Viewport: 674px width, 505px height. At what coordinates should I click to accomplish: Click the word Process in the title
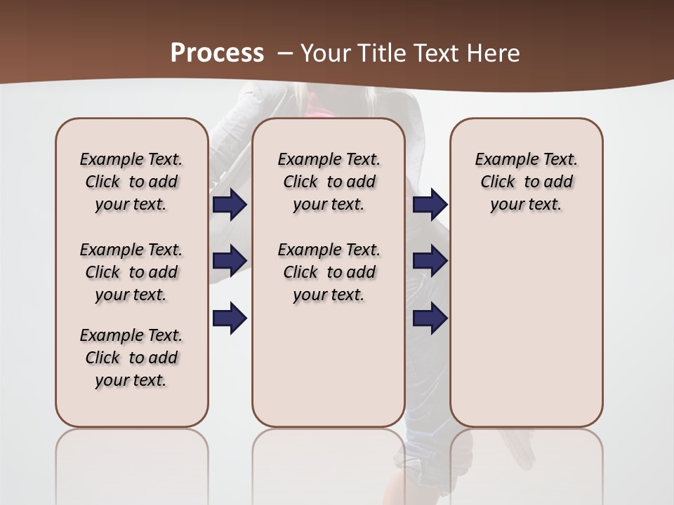tap(217, 53)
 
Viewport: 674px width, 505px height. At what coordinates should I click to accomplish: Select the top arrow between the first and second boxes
tap(230, 205)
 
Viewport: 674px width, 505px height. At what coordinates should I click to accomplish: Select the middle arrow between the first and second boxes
tap(230, 261)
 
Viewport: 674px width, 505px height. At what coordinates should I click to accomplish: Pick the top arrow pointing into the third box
tap(430, 205)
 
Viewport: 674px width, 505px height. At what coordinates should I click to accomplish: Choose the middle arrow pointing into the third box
tap(430, 261)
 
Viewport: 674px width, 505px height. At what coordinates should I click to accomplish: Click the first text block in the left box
tap(131, 182)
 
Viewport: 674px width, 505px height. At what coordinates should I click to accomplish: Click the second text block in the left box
tap(131, 272)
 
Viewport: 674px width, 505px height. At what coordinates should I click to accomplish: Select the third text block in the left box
tap(131, 358)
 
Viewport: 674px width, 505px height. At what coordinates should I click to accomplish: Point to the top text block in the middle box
tap(329, 182)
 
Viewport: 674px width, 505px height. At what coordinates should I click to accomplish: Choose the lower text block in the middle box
tap(329, 272)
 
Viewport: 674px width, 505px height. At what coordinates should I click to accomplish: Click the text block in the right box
tap(527, 182)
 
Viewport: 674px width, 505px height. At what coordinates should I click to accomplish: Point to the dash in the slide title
tap(285, 54)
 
